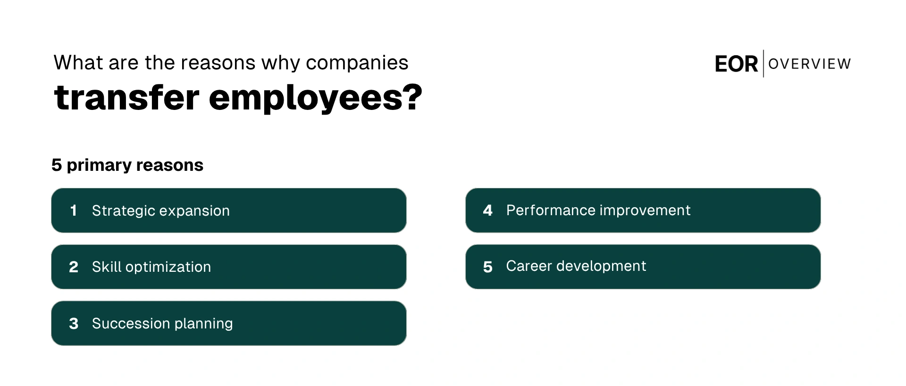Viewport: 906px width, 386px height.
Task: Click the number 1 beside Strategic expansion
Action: [x=73, y=210]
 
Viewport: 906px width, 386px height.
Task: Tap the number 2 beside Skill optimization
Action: [x=74, y=267]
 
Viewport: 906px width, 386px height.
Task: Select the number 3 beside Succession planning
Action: [x=74, y=324]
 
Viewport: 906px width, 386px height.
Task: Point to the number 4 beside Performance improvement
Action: [x=488, y=210]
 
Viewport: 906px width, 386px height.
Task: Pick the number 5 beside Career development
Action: [x=488, y=267]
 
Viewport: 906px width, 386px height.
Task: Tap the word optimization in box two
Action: [x=168, y=268]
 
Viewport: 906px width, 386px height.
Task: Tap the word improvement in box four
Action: [x=645, y=210]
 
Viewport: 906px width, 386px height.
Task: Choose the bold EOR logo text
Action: [x=736, y=64]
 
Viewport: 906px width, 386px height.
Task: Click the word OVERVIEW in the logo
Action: [x=810, y=64]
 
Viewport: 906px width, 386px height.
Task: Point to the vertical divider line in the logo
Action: [x=763, y=64]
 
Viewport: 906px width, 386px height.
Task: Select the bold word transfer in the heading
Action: [x=127, y=98]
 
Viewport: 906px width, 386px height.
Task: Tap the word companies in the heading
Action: [x=357, y=63]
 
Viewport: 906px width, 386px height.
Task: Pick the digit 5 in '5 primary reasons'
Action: [x=57, y=165]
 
